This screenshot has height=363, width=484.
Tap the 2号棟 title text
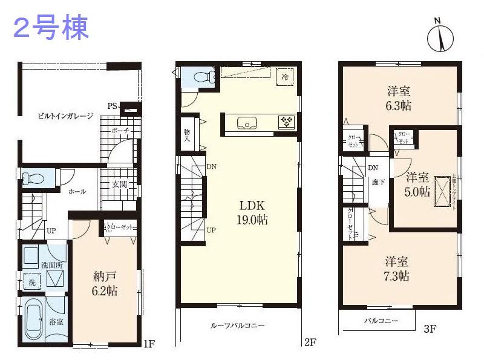click(x=51, y=28)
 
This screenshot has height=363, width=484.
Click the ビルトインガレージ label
click(x=65, y=116)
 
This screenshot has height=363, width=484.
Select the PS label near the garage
click(x=112, y=106)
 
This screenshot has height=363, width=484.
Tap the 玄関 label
click(x=119, y=185)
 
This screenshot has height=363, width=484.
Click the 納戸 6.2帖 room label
click(x=105, y=284)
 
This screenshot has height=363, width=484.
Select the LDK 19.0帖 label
click(x=252, y=212)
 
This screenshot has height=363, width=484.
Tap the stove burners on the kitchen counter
click(x=286, y=122)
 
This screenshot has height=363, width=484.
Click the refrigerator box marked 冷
click(x=284, y=76)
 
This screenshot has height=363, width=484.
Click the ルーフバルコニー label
click(x=237, y=325)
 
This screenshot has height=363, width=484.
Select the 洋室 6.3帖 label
click(x=399, y=98)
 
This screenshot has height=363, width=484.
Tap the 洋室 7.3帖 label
click(x=397, y=269)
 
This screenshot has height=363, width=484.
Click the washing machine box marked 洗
click(x=31, y=283)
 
